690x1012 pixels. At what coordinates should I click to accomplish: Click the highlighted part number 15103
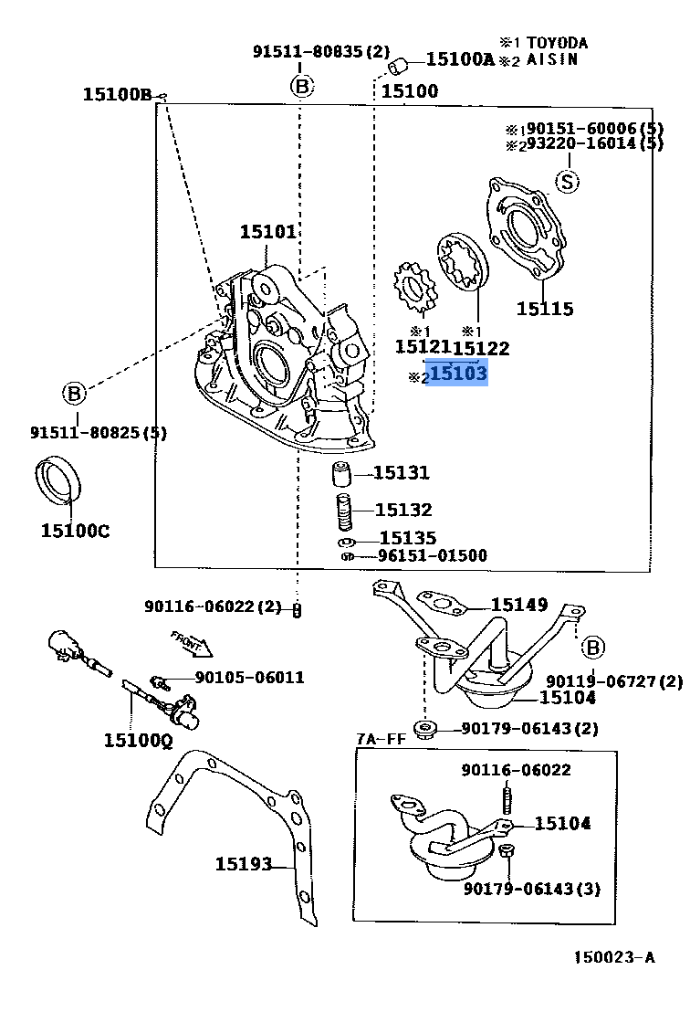[x=458, y=374]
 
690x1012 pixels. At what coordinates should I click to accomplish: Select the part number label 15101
[x=268, y=232]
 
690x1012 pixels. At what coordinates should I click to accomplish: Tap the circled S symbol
[x=568, y=182]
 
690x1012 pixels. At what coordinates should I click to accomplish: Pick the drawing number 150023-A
[x=613, y=957]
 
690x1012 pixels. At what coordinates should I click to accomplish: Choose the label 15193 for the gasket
[x=244, y=863]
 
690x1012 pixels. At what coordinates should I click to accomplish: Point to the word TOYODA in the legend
[x=556, y=43]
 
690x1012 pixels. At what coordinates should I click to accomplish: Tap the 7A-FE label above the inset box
[x=381, y=738]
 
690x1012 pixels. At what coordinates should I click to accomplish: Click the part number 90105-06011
[x=249, y=678]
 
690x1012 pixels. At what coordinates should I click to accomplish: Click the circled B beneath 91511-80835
[x=302, y=87]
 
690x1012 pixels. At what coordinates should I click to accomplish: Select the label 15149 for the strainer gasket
[x=518, y=605]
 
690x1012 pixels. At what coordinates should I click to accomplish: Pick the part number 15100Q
[x=137, y=740]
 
